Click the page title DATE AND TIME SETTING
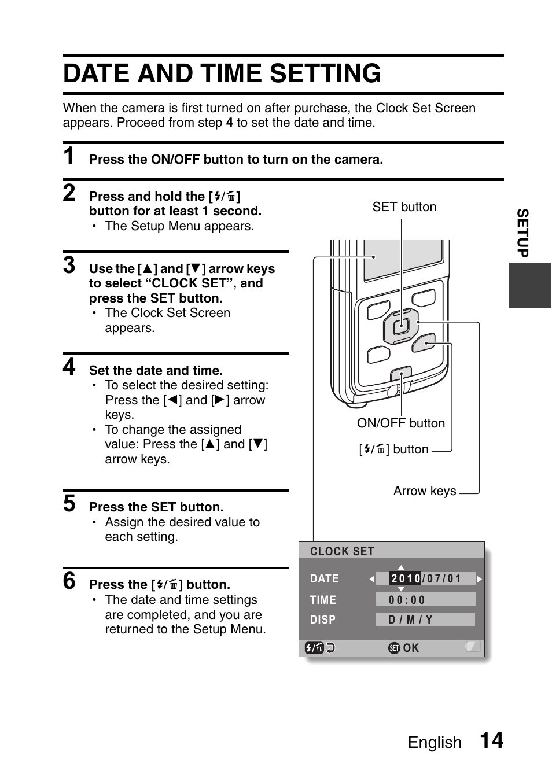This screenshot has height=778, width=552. pos(222,74)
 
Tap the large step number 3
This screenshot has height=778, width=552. pos(69,265)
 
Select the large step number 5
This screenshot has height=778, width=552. pos(69,503)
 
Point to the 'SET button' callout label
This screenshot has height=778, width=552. pos(404,207)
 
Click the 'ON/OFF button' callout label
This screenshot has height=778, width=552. pos(400,423)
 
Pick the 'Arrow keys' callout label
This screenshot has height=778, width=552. pos(425,491)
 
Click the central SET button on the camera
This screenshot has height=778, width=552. pos(400,327)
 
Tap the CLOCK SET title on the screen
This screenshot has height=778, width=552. pos(342,551)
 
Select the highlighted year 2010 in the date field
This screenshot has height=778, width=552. pos(405,578)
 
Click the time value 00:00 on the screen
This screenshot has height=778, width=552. pos(407,600)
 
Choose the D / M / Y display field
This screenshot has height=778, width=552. pos(410,620)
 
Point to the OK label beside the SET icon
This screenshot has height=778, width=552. pos(411,648)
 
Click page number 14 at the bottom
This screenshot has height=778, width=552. pos(491,741)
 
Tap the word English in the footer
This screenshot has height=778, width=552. pos(435,743)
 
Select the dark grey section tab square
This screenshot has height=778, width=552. pos(530,285)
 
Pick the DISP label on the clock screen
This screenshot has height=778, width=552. pos(322,620)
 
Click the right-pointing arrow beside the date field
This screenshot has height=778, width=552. pos(479,578)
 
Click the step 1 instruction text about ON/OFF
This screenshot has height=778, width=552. pos(236,160)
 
